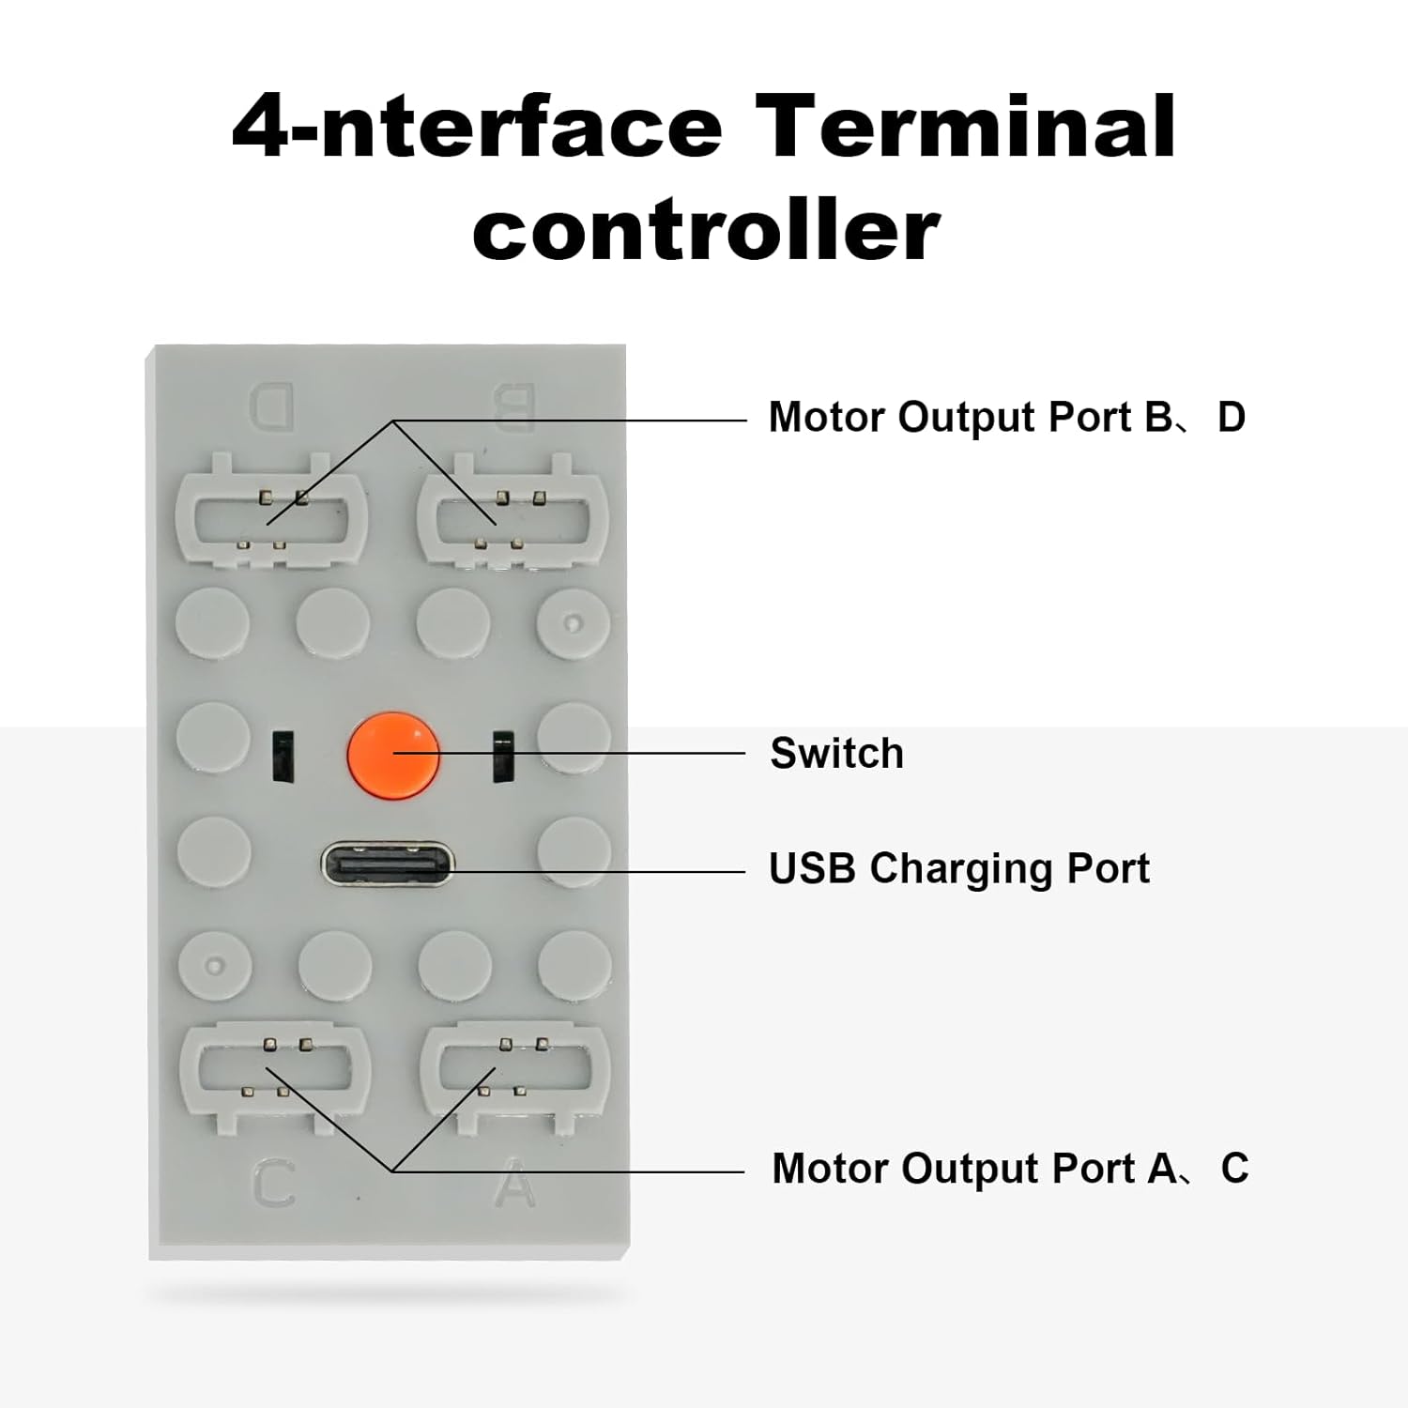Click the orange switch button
(x=393, y=753)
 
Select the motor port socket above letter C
(x=274, y=1078)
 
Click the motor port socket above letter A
(x=514, y=1078)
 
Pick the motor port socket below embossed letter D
(x=271, y=513)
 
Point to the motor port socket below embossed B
(x=513, y=513)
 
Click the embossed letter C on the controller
(x=274, y=1184)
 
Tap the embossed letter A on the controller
(x=514, y=1184)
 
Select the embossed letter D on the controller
(x=272, y=406)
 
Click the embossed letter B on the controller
(x=513, y=406)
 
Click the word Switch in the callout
(x=836, y=753)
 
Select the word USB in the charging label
(x=812, y=868)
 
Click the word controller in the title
(x=706, y=230)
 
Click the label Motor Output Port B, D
(x=1006, y=417)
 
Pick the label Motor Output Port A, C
(x=1009, y=1169)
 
